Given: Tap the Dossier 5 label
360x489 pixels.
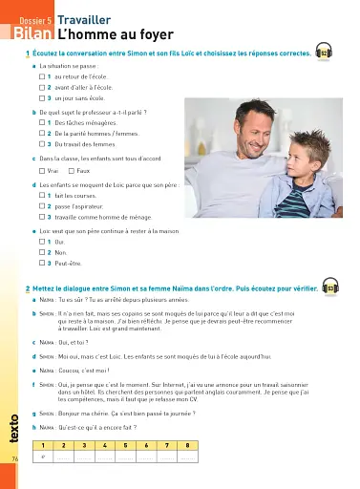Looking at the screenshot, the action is click(x=35, y=18).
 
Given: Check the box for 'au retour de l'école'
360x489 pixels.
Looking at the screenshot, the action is click(x=44, y=75).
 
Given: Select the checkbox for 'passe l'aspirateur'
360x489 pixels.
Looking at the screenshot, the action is click(x=44, y=205).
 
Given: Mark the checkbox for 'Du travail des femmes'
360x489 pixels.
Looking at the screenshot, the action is click(x=44, y=143).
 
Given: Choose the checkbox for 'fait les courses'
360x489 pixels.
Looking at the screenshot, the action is click(x=44, y=195).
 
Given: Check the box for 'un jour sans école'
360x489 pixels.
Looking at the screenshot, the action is click(x=44, y=97).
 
